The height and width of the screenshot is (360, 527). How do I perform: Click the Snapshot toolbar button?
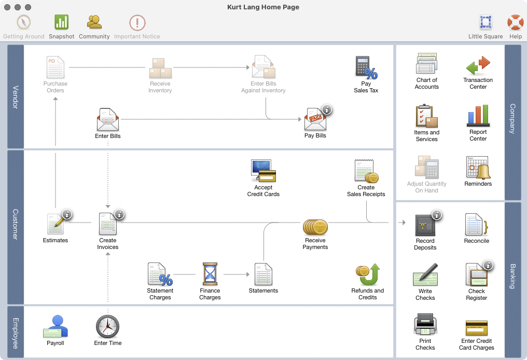[x=62, y=22]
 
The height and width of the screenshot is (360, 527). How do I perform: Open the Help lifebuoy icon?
[x=515, y=22]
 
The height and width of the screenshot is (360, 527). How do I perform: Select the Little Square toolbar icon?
[x=486, y=22]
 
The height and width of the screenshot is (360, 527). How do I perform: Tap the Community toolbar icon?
[x=94, y=22]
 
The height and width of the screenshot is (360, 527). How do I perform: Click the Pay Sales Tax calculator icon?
[x=366, y=67]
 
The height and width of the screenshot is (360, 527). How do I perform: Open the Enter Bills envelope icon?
[x=108, y=120]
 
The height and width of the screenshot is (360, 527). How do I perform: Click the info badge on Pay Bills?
[x=327, y=109]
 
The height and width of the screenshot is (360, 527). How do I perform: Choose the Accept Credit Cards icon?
[x=263, y=171]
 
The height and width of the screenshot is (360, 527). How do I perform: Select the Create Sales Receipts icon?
[x=366, y=171]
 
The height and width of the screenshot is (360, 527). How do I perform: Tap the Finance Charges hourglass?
[x=210, y=273]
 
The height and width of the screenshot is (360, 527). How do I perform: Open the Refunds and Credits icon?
[x=368, y=274]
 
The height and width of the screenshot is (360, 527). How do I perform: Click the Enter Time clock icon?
[x=108, y=327]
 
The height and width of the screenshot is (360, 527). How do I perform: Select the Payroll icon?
[x=55, y=327]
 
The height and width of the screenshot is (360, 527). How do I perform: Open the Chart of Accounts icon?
[x=427, y=64]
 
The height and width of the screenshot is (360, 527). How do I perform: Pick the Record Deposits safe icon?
[x=425, y=225]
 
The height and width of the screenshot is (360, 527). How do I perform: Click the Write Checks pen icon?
[x=425, y=275]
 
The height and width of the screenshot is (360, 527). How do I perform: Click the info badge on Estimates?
[x=67, y=214]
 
